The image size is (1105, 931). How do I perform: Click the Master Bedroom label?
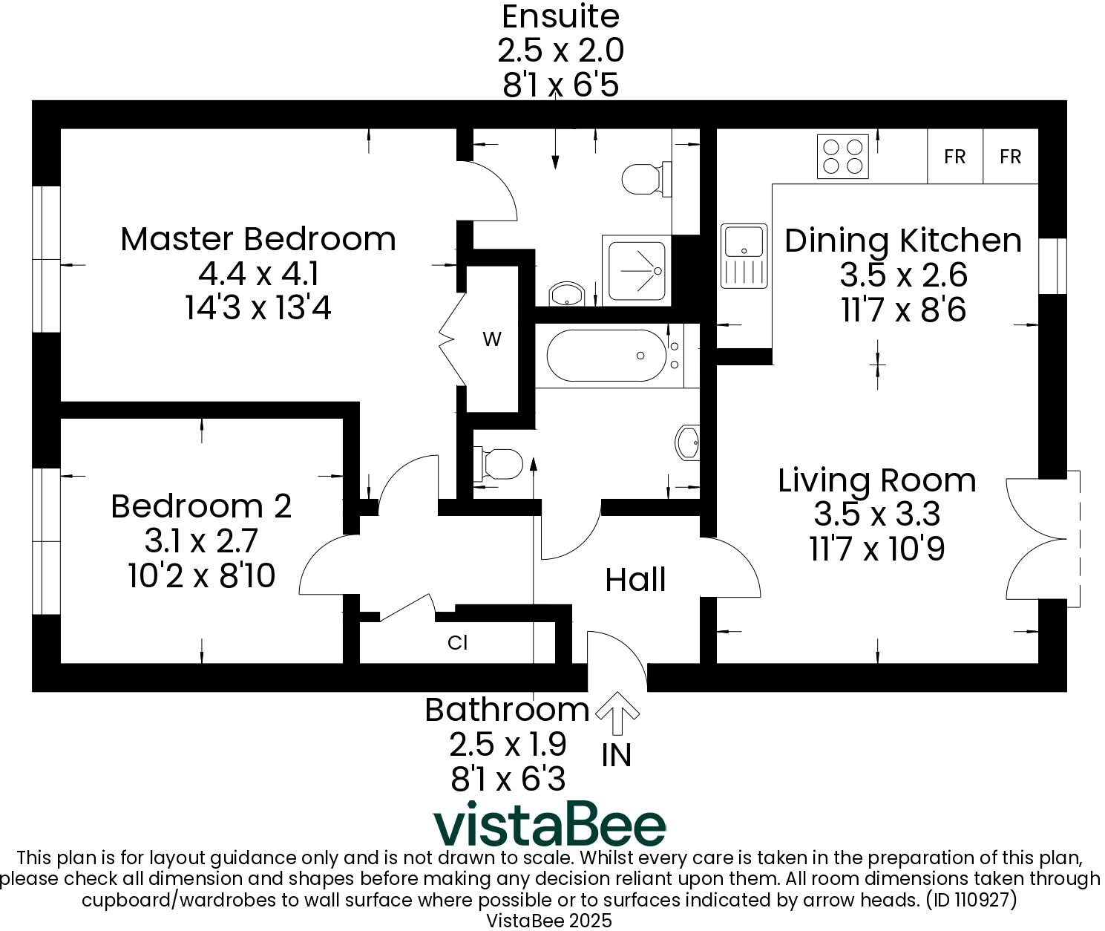point(258,239)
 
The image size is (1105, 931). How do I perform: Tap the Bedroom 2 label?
point(201,506)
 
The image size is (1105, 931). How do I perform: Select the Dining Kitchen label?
point(902,241)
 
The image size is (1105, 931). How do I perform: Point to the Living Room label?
point(876,480)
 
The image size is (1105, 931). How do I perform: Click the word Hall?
point(635,580)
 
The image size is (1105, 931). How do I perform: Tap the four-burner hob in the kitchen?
point(842,157)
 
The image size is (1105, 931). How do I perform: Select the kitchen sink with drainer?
point(744,255)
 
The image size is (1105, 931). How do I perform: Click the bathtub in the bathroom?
point(607,356)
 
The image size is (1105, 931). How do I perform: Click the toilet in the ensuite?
point(643,178)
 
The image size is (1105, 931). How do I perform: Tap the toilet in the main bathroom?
point(499,463)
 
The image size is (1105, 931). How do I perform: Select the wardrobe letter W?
point(492,339)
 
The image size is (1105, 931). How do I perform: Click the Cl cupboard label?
point(458,642)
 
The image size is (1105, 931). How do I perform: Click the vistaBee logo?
point(549,824)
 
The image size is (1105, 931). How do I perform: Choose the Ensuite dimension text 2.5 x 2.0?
point(560,50)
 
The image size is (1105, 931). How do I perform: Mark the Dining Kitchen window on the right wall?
point(1052,266)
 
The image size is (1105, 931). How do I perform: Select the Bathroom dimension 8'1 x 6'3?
point(508,779)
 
